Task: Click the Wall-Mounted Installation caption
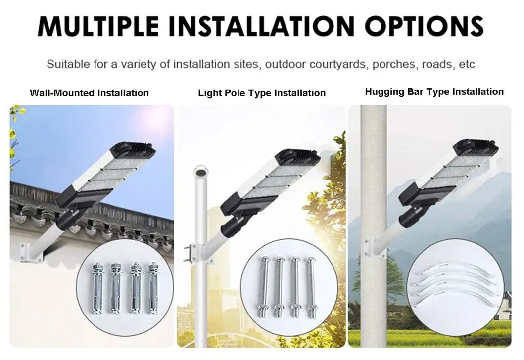[x=89, y=93]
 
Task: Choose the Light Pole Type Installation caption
[x=262, y=93]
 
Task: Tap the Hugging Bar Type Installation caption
[x=434, y=92]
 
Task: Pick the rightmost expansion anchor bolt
[x=153, y=288]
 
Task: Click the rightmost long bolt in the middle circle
[x=312, y=287]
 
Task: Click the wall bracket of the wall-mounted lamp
[x=32, y=252]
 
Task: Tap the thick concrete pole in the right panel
[x=373, y=226]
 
